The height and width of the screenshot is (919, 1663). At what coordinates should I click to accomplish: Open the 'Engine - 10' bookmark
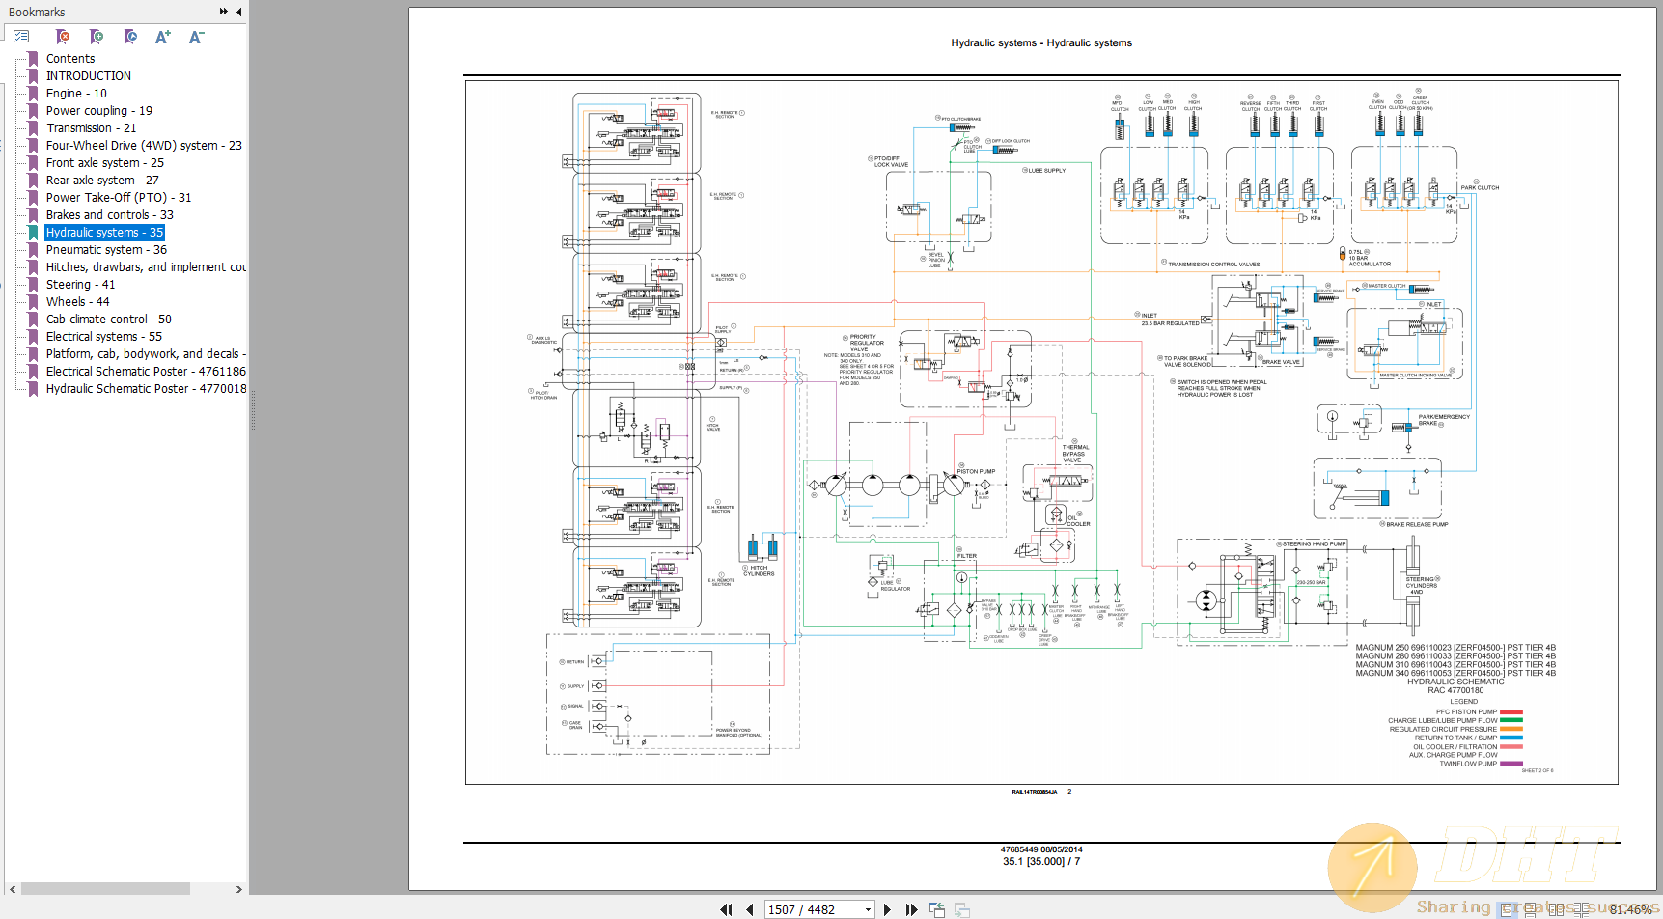(x=76, y=94)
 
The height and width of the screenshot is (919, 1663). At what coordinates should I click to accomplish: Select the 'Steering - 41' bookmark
(x=80, y=285)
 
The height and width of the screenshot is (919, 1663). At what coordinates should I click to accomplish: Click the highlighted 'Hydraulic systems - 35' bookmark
(x=104, y=233)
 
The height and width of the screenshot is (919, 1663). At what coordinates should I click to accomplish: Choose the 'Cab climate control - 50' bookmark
(x=108, y=320)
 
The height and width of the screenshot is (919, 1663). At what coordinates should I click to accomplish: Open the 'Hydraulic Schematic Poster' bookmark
(x=145, y=389)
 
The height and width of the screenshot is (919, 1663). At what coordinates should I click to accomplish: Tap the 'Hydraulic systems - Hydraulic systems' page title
(x=1041, y=43)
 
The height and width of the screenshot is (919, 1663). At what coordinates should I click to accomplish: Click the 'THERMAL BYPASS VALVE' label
(x=1074, y=454)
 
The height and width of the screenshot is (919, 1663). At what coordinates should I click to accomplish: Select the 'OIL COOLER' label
(x=1077, y=521)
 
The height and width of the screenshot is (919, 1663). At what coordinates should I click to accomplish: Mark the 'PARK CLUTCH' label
(x=1479, y=188)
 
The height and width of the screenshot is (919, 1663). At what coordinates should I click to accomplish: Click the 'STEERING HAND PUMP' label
(x=1313, y=544)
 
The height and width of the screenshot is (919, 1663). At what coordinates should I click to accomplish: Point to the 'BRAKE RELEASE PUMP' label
(x=1416, y=525)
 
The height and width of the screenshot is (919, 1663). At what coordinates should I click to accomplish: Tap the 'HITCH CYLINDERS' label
(x=759, y=571)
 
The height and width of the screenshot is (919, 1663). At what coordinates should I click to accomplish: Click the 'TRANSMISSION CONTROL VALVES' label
(x=1213, y=265)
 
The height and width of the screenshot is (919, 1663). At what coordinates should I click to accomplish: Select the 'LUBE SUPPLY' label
(x=1046, y=171)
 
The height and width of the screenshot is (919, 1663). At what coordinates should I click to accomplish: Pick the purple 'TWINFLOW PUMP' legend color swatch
(x=1511, y=764)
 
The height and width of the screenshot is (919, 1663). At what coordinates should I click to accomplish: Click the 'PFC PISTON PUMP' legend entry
(x=1466, y=712)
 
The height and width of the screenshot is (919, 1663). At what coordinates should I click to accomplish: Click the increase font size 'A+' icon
(x=162, y=37)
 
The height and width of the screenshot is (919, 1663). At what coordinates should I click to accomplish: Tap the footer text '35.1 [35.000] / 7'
(x=1040, y=862)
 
